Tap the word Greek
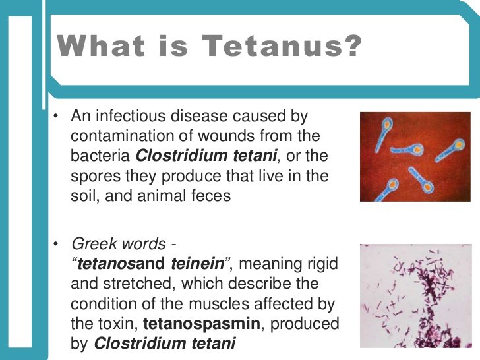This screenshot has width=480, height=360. [91, 244]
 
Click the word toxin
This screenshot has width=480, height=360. [116, 324]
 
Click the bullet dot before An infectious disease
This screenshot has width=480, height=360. [57, 117]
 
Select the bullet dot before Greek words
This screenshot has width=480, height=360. [57, 245]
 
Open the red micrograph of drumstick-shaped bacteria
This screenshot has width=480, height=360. [415, 156]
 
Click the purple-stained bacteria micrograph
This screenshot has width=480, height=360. [415, 295]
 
